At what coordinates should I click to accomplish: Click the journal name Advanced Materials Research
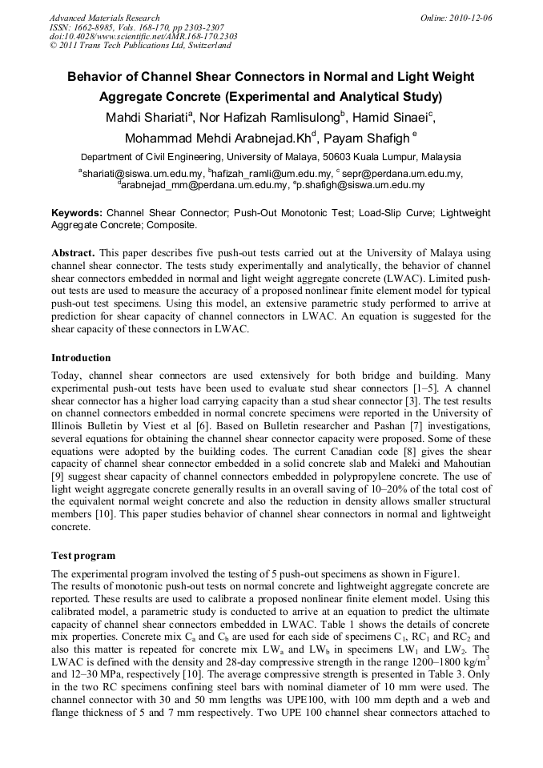(104, 18)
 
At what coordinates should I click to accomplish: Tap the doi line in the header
(143, 36)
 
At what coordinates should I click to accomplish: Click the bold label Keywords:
(77, 215)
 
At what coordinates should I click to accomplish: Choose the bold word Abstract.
(74, 251)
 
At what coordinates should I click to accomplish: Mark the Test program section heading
(83, 556)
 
